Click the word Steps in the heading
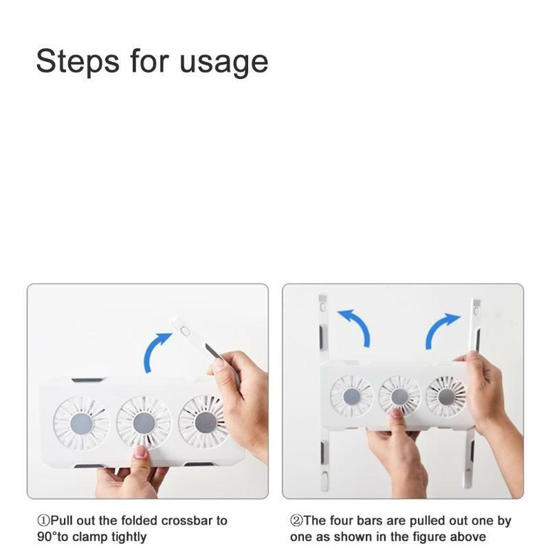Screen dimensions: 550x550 tap(78, 61)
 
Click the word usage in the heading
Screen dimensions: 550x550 tap(224, 63)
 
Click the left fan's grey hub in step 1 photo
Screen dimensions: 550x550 tap(82, 423)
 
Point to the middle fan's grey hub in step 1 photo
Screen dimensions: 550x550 tap(144, 423)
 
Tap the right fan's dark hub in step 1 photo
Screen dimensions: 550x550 tap(206, 423)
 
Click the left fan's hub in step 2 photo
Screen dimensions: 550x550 tap(352, 397)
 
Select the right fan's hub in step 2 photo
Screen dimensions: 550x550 tap(446, 397)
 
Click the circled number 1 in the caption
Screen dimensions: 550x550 tap(43, 520)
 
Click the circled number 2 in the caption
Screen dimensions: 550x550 tap(296, 520)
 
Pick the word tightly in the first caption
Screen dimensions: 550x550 tap(129, 538)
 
